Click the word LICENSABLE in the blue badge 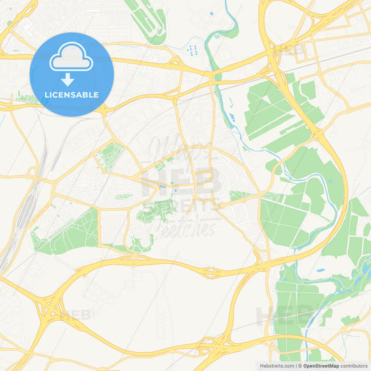click(x=72, y=95)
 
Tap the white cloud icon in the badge click(x=72, y=57)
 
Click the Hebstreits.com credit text click(x=275, y=365)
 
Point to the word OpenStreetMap click(x=321, y=365)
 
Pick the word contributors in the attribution click(x=354, y=365)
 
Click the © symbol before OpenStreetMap click(x=300, y=365)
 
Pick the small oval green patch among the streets click(x=124, y=196)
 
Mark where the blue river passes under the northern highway click(x=217, y=74)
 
